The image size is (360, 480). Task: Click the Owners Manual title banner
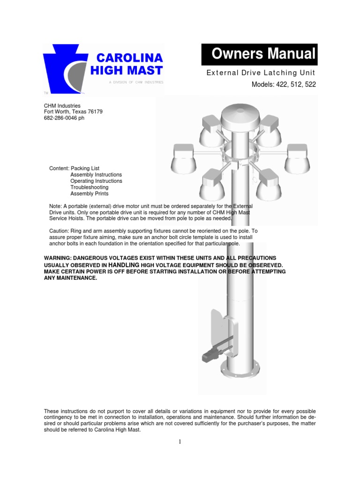point(259,54)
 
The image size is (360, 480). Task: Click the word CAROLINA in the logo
point(129,58)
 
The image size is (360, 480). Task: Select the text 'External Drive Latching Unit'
point(261,73)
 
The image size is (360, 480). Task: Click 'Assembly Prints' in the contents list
point(89,194)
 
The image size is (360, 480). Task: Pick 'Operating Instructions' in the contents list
point(96,181)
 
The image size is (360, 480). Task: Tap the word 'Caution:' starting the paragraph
point(60,231)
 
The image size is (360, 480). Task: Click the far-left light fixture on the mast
point(184,157)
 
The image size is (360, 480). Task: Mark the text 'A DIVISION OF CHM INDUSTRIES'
point(135,82)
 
